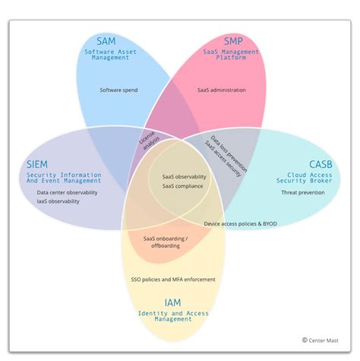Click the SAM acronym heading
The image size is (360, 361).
pyautogui.click(x=106, y=40)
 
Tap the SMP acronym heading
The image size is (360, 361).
pyautogui.click(x=232, y=40)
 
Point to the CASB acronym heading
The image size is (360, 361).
pyautogui.click(x=320, y=164)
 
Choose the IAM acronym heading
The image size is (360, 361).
pyautogui.click(x=174, y=302)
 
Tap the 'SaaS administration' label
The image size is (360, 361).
pyautogui.click(x=222, y=90)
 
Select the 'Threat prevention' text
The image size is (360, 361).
pyautogui.click(x=303, y=193)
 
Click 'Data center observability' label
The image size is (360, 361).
pyautogui.click(x=68, y=193)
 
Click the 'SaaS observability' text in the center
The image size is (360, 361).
pyautogui.click(x=184, y=177)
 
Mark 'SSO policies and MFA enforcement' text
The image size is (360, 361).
pyautogui.click(x=174, y=280)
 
